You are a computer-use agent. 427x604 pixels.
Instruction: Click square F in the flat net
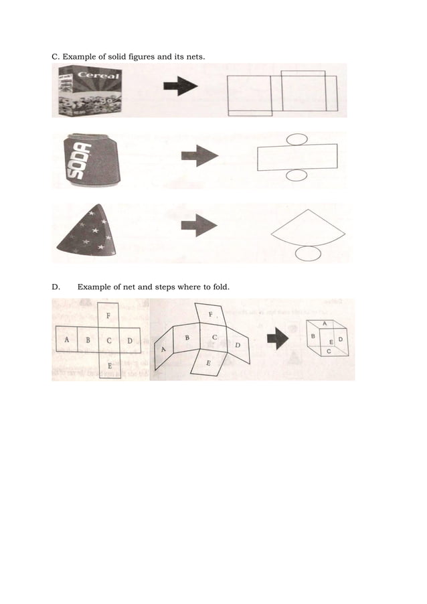109,315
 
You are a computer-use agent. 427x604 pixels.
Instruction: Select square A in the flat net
66,339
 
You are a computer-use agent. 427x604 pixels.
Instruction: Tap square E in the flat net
109,365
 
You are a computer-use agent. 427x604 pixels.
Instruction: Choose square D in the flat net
131,339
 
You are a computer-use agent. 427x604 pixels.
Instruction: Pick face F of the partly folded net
211,315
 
